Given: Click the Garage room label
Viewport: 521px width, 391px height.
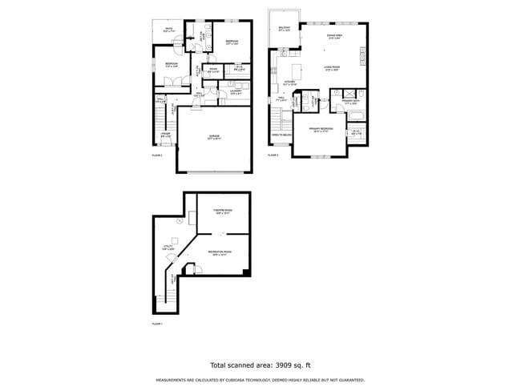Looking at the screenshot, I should (x=215, y=137).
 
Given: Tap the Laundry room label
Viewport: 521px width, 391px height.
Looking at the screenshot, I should (x=236, y=92).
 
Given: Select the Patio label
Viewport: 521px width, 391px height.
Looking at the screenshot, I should (x=169, y=30).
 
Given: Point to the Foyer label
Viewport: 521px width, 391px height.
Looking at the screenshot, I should (x=164, y=135).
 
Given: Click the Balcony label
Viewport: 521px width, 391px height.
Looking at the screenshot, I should (x=284, y=29).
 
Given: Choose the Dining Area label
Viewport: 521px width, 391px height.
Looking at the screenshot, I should (x=335, y=36).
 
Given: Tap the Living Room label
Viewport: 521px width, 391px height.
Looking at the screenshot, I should (x=333, y=68).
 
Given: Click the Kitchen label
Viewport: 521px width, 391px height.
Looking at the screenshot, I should (x=290, y=83).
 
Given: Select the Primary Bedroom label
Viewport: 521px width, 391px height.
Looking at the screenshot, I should (x=320, y=130).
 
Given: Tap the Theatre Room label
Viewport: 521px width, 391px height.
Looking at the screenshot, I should (x=222, y=212).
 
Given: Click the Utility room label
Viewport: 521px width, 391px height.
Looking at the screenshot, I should (x=168, y=248).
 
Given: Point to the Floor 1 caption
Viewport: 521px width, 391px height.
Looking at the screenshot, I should (x=157, y=324).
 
